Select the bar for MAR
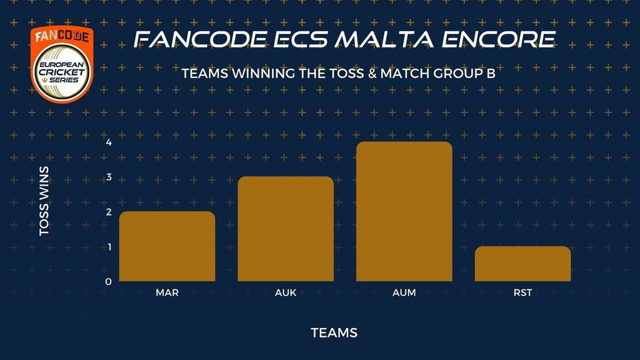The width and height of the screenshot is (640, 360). tap(167, 246)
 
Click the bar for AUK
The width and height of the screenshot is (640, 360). tap(286, 229)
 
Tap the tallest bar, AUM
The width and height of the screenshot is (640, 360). tap(404, 211)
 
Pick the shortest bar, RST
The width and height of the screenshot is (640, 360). tap(523, 264)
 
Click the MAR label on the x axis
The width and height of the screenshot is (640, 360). tap(167, 292)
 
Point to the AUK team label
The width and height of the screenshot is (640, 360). tap(286, 292)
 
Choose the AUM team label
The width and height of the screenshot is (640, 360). tap(404, 292)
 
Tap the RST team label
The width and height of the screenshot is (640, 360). tap(523, 292)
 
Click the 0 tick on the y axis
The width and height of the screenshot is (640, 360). tap(108, 282)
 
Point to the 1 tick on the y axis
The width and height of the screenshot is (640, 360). tap(109, 247)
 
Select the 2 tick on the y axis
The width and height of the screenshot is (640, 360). tap(109, 212)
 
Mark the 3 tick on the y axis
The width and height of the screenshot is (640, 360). tap(109, 177)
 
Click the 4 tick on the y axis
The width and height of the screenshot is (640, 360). tap(109, 142)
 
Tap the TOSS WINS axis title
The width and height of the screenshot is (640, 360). tap(44, 201)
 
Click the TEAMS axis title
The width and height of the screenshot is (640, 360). tap(334, 332)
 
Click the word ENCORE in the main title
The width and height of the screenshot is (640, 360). tap(498, 39)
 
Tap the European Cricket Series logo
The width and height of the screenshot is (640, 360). tap(62, 64)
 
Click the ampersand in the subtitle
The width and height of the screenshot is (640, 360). tap(372, 74)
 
